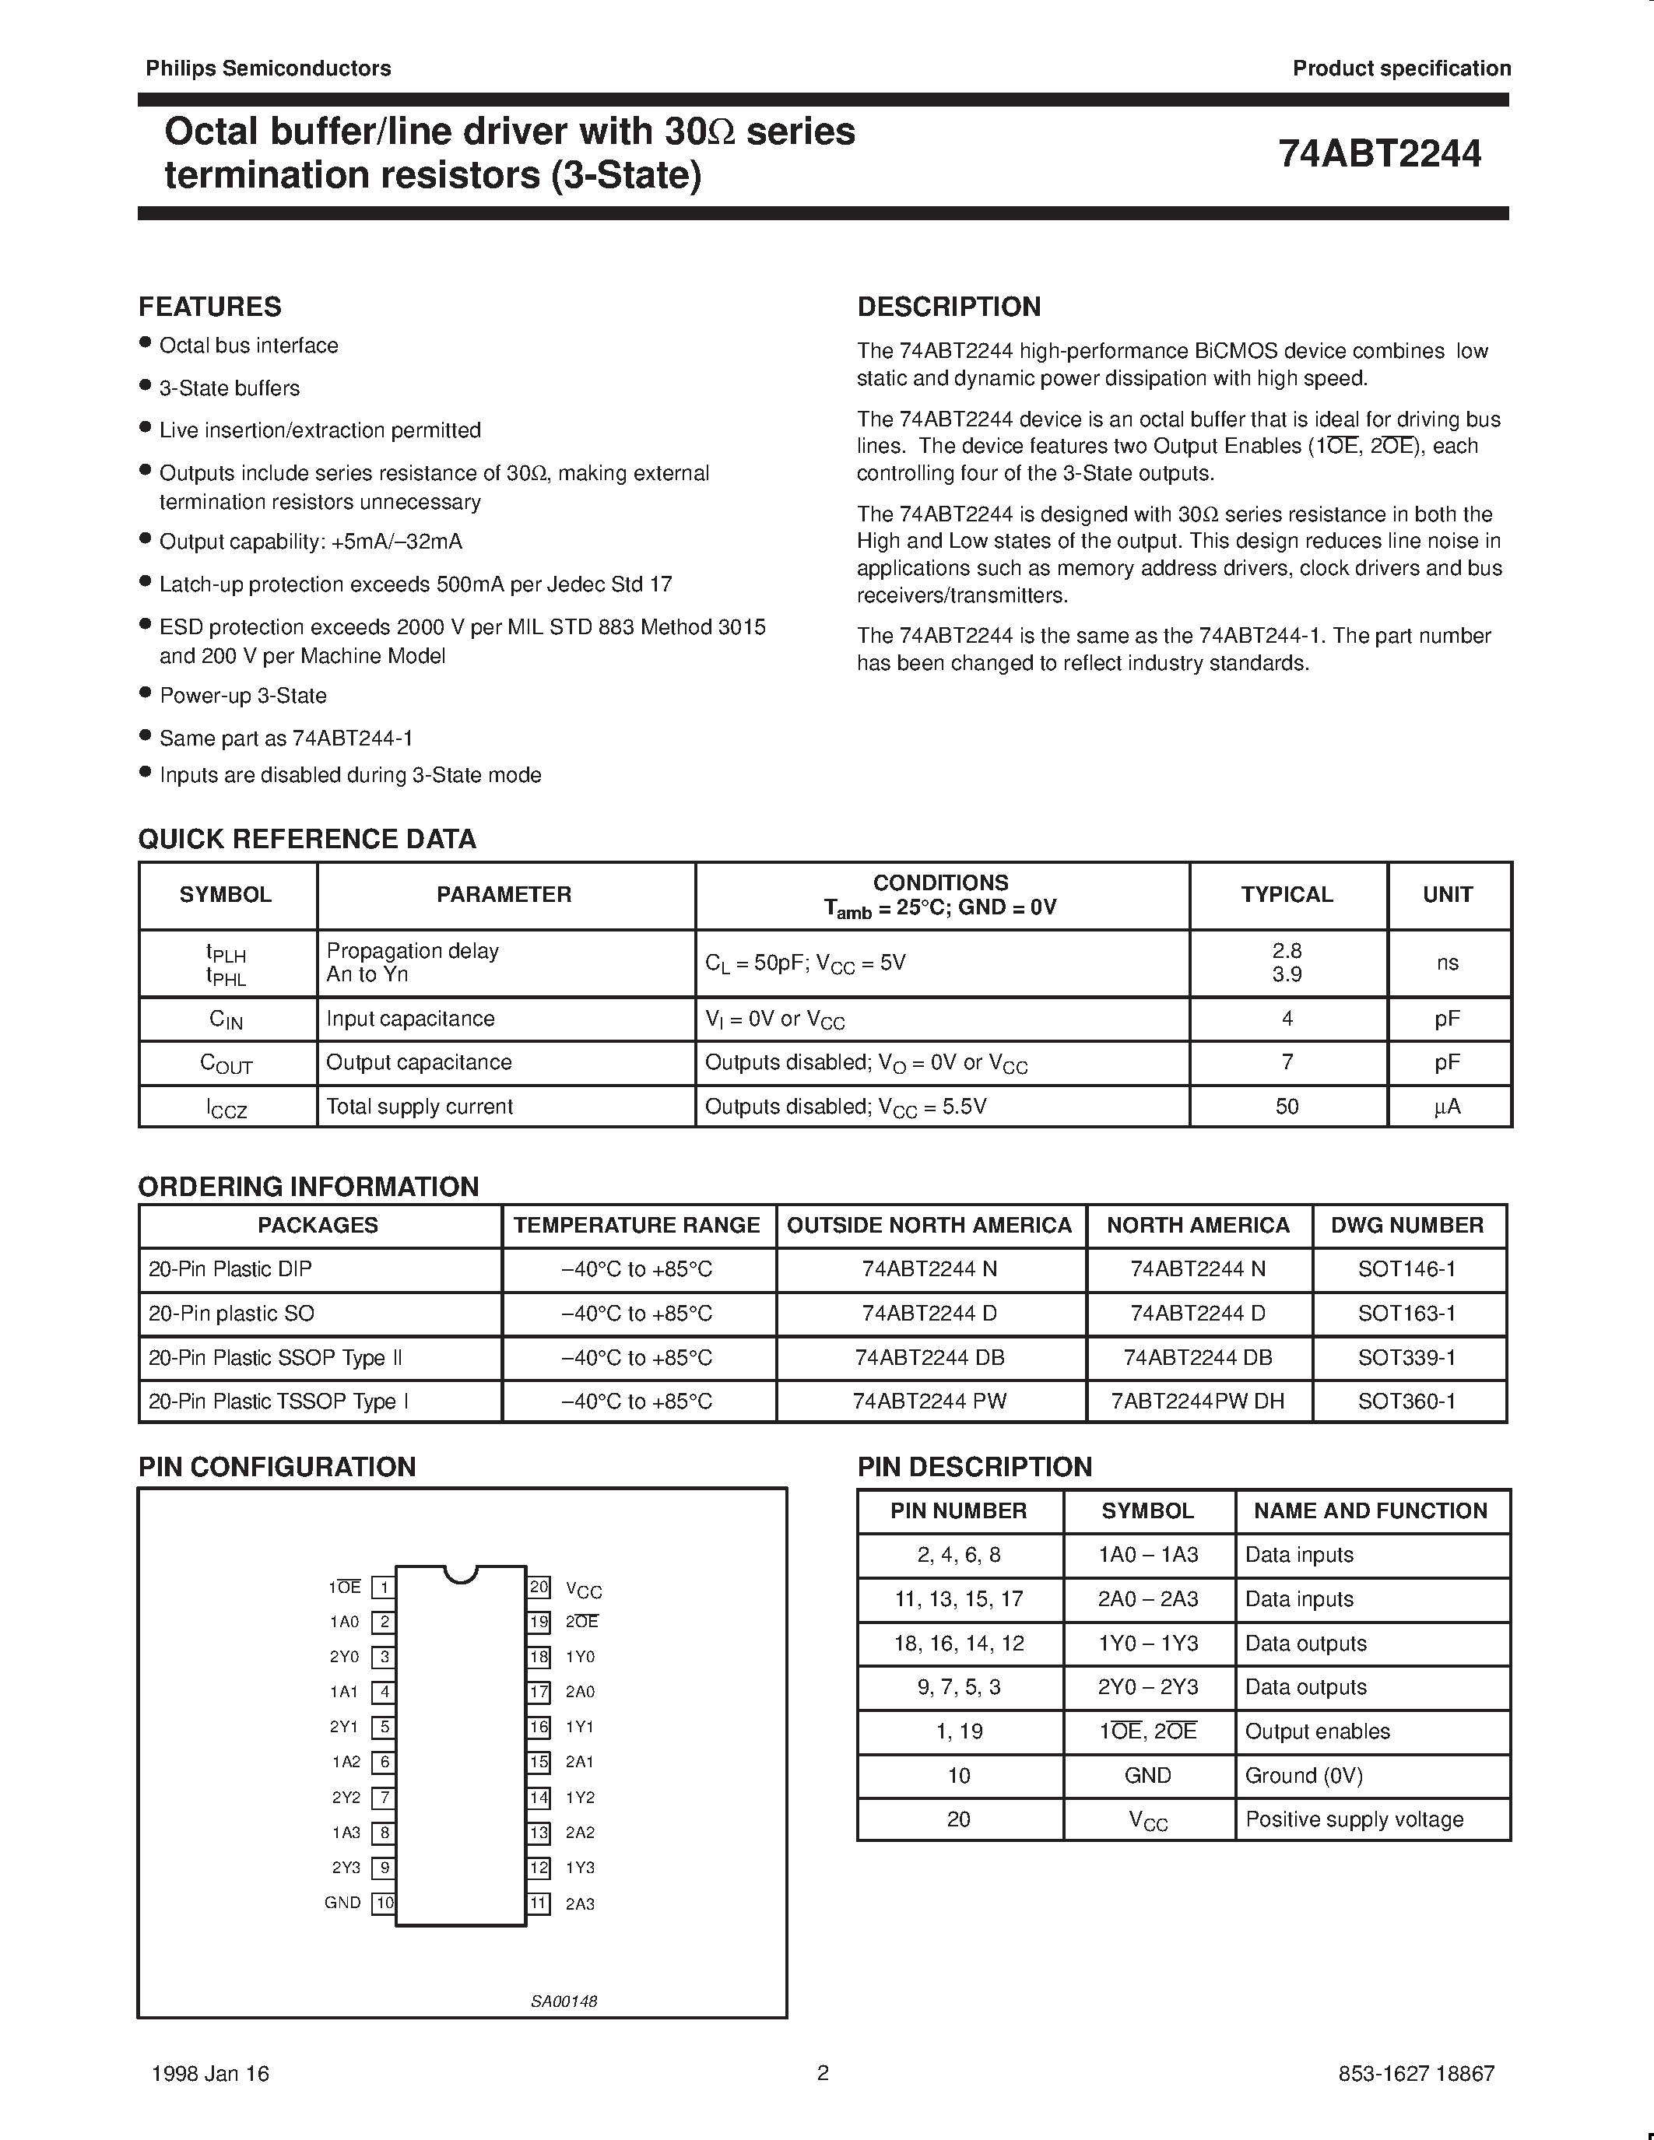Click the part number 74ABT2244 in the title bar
pos(1380,154)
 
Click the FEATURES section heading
pos(209,307)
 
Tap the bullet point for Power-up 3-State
pos(145,693)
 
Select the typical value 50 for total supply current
pos(1287,1107)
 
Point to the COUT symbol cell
pos(227,1063)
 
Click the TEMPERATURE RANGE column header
pos(637,1226)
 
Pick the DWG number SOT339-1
pos(1406,1358)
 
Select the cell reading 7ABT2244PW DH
pos(1197,1402)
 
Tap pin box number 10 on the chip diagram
pos(384,1903)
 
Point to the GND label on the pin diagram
pos(343,1903)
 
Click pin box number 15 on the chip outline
pos(539,1762)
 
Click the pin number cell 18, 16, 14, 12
pos(958,1644)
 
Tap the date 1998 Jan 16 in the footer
pos(211,2073)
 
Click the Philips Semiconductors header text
pos(269,68)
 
